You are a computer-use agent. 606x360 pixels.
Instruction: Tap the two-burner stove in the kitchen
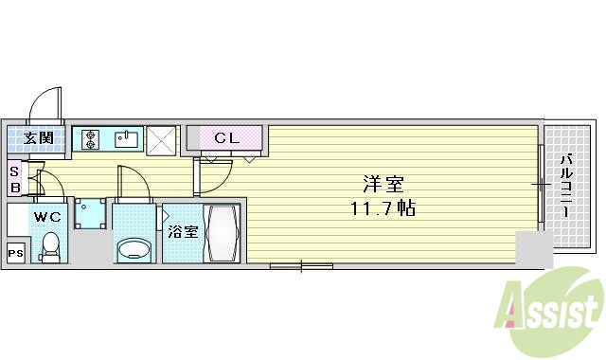click(92, 139)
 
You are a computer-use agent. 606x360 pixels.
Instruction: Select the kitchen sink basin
click(126, 140)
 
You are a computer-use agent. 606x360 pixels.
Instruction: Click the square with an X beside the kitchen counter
click(162, 140)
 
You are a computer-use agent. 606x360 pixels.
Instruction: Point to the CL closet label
click(227, 138)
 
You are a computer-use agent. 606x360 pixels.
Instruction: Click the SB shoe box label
click(14, 179)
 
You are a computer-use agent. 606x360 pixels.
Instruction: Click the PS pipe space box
click(15, 252)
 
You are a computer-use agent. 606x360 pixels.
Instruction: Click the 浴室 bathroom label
click(182, 230)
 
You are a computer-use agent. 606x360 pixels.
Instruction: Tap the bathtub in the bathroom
click(223, 233)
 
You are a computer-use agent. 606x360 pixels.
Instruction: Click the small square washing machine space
click(90, 213)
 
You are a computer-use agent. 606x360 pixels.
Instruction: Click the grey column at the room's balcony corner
click(532, 249)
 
